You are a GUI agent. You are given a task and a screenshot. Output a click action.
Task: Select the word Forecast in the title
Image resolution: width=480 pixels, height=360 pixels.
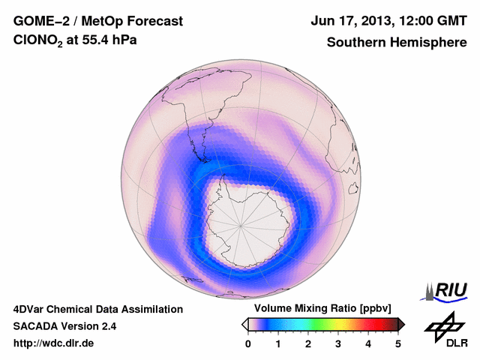click(x=154, y=21)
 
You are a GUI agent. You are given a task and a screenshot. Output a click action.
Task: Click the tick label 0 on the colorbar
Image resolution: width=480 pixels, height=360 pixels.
click(x=248, y=343)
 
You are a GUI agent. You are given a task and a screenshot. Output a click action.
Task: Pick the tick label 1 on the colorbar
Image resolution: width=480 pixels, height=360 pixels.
click(x=278, y=343)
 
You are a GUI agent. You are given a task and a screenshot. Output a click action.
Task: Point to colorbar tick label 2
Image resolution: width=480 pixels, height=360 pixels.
click(x=308, y=343)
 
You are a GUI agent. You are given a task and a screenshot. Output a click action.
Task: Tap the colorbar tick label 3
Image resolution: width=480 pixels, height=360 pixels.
click(x=338, y=343)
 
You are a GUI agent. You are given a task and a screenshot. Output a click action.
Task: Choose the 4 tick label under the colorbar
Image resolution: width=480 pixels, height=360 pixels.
click(x=368, y=343)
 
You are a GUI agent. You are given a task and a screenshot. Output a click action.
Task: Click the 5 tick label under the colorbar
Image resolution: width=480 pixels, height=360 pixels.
click(x=398, y=343)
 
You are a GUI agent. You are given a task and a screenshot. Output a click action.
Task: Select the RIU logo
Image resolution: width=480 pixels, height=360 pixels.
click(x=448, y=290)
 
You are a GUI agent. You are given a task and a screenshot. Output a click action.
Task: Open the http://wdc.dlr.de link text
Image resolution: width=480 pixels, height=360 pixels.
click(x=54, y=343)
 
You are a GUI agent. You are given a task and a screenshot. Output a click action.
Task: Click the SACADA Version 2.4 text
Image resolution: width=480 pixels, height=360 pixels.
click(x=64, y=326)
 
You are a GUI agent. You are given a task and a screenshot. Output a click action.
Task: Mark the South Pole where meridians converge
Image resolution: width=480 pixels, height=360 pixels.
click(x=241, y=223)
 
